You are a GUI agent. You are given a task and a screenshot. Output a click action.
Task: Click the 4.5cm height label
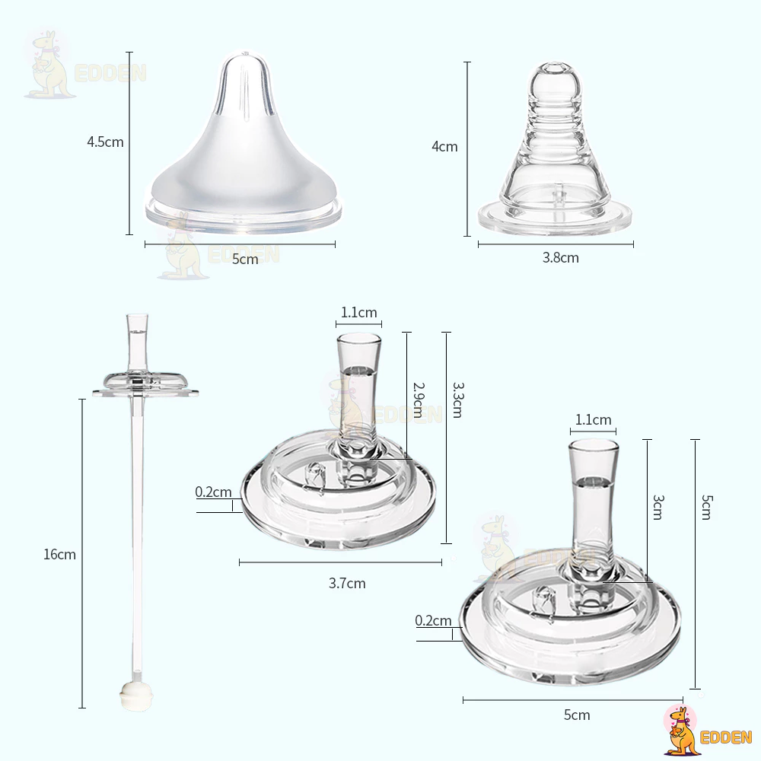(105, 142)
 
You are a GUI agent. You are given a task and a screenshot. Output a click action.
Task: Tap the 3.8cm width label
(561, 258)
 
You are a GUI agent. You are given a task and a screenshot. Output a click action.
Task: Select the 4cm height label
(444, 147)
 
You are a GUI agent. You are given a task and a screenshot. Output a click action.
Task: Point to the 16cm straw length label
(59, 554)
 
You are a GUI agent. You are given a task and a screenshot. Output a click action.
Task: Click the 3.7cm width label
(347, 583)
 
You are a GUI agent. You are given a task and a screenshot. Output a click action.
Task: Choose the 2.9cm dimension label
(419, 400)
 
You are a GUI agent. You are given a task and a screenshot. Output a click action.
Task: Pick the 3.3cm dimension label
(459, 400)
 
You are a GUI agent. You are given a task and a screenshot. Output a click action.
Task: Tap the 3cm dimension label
(658, 507)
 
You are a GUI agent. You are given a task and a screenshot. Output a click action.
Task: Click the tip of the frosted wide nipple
(244, 53)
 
